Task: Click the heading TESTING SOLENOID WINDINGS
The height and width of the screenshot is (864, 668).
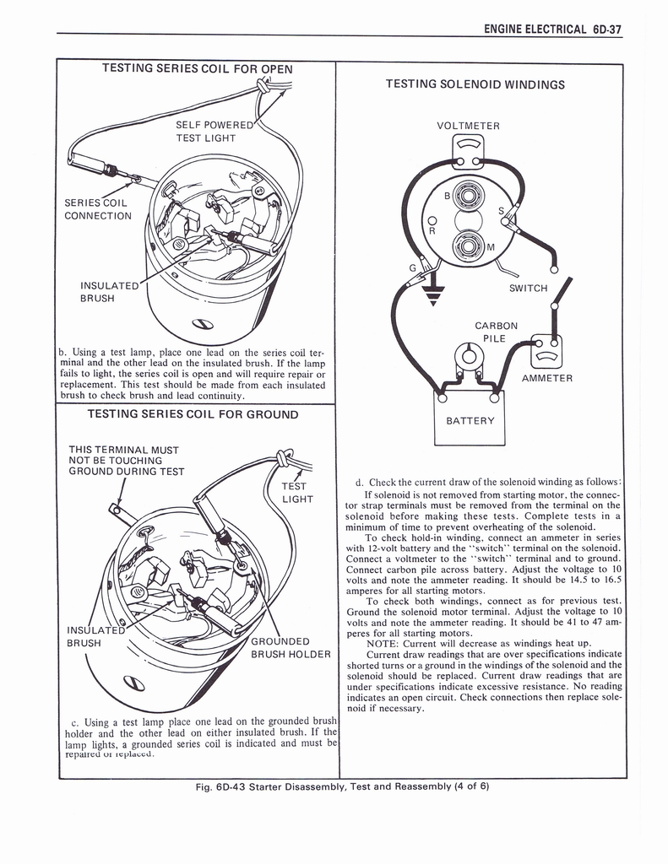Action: (475, 84)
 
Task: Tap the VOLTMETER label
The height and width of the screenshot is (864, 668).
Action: (468, 127)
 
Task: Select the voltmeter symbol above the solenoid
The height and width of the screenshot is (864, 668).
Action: (468, 149)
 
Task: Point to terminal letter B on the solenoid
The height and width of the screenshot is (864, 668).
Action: (448, 196)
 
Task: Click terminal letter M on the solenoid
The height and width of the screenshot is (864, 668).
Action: (490, 247)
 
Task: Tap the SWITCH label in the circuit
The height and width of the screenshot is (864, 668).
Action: (529, 289)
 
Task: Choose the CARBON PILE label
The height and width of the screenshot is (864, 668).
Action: (496, 332)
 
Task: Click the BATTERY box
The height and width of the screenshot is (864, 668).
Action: (469, 419)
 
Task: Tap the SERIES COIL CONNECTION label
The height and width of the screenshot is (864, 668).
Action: (97, 208)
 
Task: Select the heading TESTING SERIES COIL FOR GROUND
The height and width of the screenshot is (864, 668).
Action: (193, 415)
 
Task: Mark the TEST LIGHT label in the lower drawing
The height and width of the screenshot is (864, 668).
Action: (296, 493)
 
